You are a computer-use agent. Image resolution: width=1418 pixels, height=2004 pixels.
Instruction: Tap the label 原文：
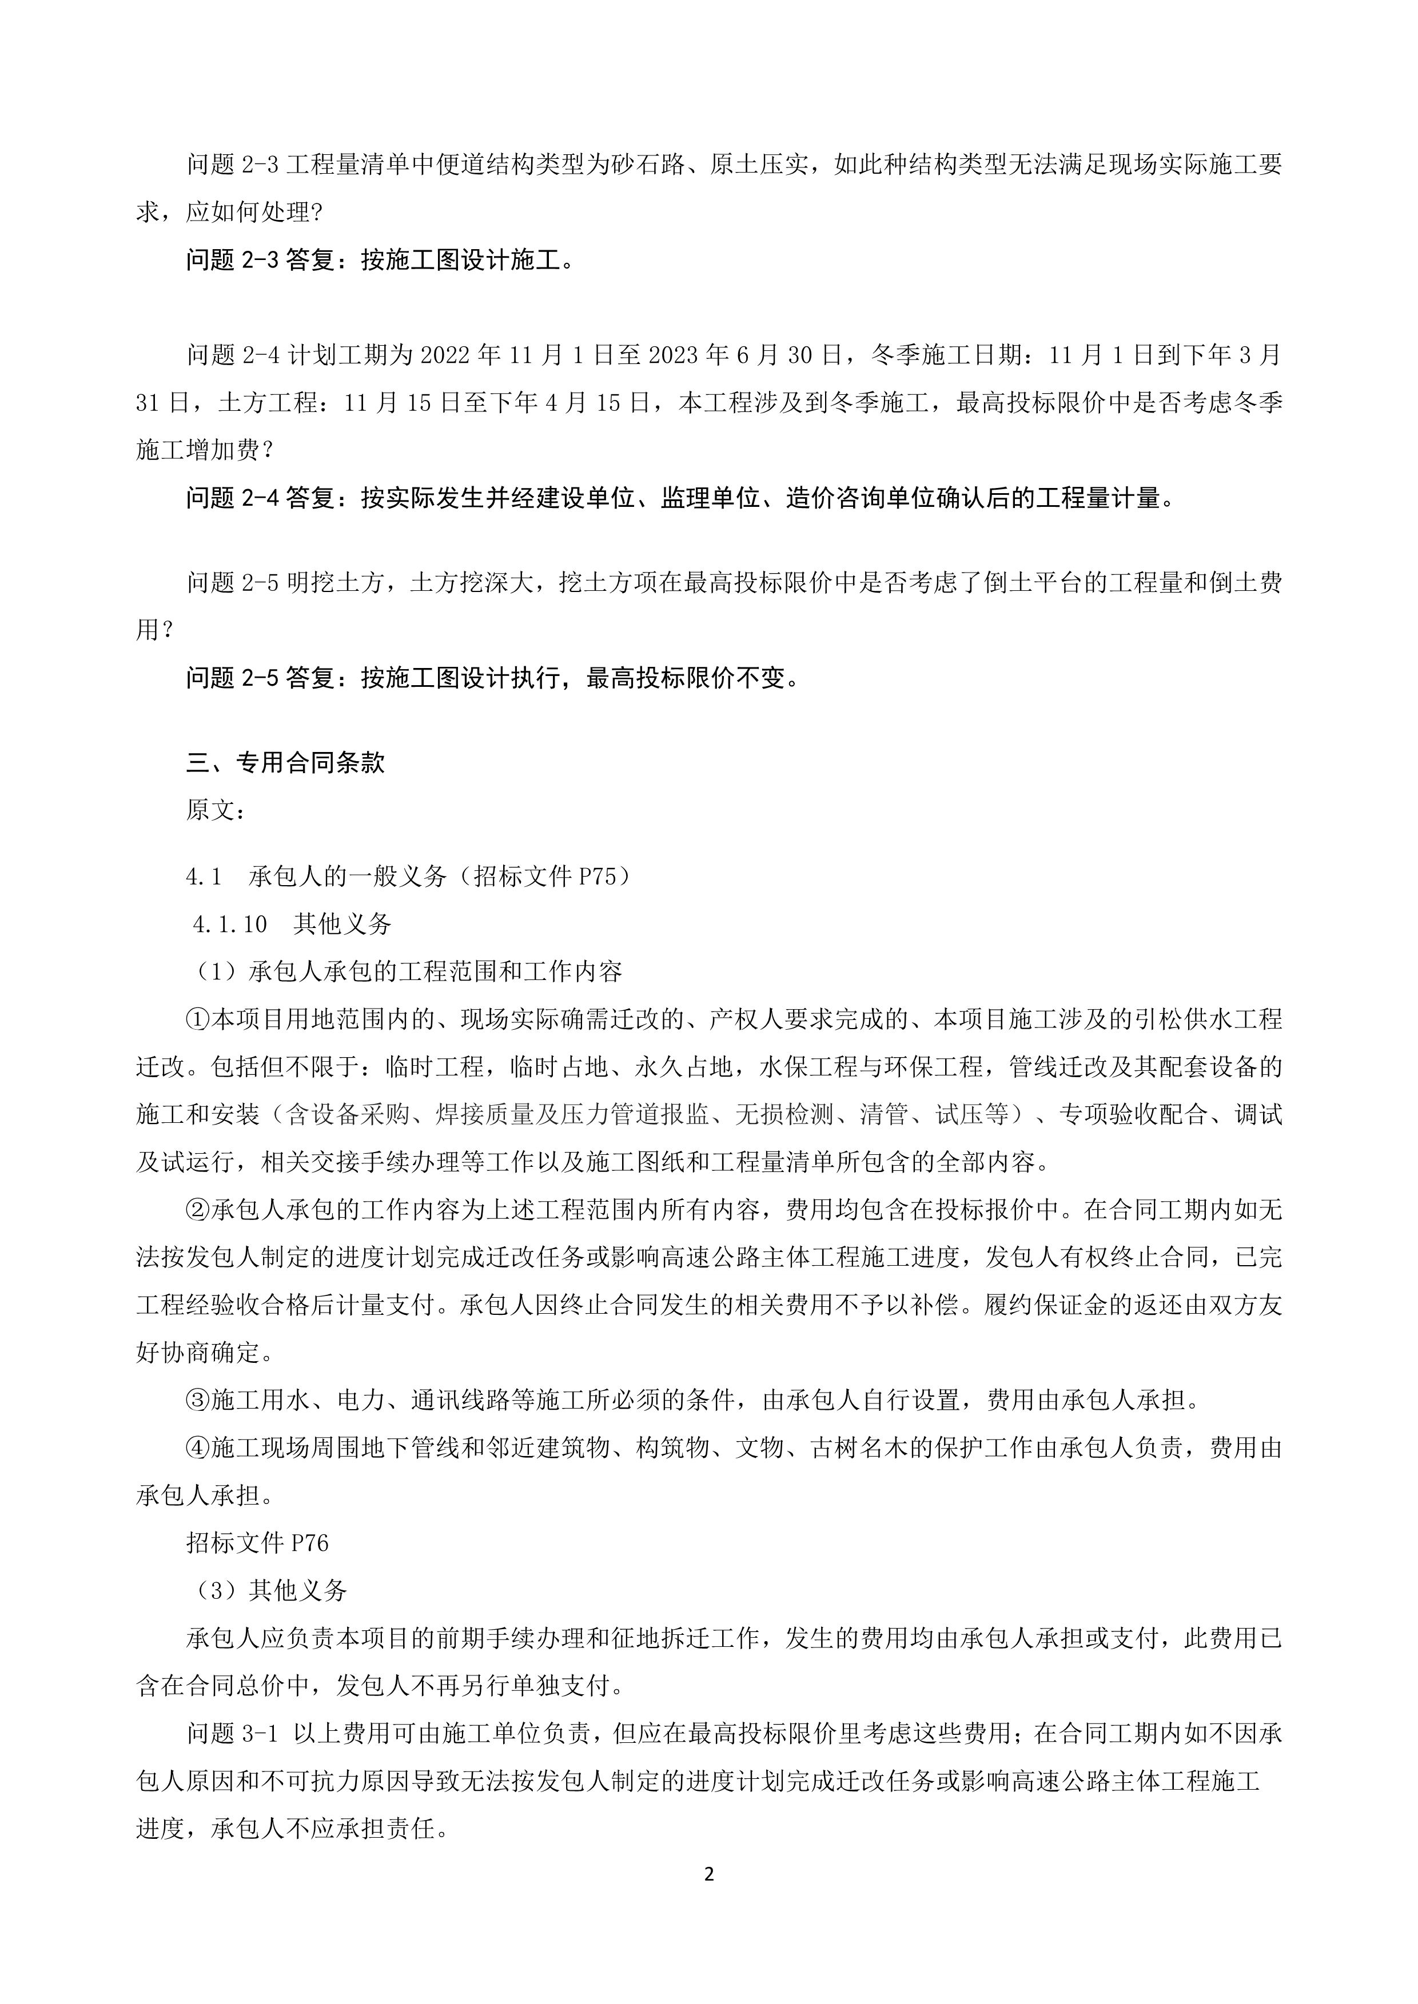(216, 809)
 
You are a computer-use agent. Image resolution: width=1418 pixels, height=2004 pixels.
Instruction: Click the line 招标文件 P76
(257, 1543)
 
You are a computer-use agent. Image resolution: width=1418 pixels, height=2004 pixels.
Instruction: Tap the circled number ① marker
(198, 1019)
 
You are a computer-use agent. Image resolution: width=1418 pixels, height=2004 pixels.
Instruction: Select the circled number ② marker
(198, 1210)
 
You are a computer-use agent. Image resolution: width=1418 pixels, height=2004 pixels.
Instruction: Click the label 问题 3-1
(232, 1733)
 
